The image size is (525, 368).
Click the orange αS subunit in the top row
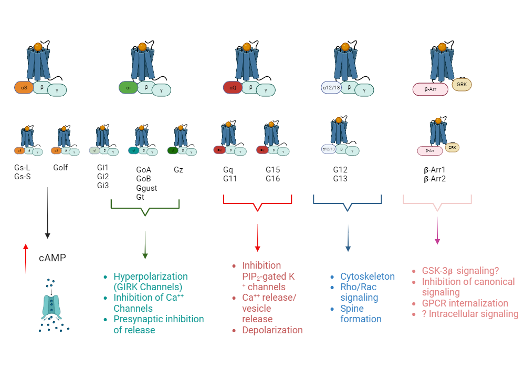[24, 87]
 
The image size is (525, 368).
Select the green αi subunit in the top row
[129, 87]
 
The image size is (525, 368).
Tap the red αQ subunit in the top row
[233, 87]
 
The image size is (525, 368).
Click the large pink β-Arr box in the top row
[430, 89]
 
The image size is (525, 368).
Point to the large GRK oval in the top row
[462, 84]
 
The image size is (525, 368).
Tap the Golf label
[61, 168]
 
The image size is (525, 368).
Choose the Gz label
[179, 170]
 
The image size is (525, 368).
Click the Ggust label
[146, 188]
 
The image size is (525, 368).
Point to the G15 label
[274, 170]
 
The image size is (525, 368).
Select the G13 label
[340, 179]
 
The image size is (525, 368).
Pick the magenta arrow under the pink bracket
[437, 231]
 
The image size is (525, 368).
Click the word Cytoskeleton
[367, 277]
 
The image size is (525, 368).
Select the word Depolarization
[272, 330]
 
